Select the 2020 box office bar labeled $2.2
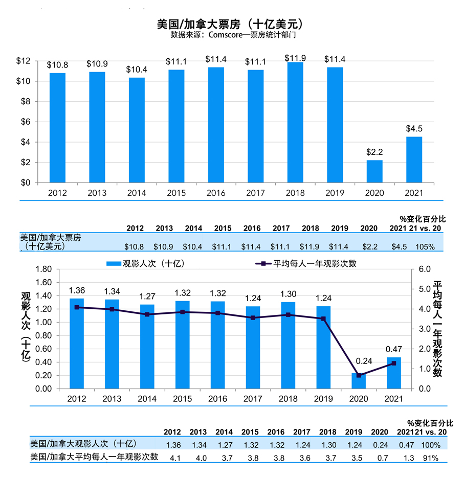374,171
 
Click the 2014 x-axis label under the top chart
137,193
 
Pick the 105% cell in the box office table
425,246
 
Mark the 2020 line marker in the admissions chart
359,375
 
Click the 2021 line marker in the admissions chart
393,363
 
